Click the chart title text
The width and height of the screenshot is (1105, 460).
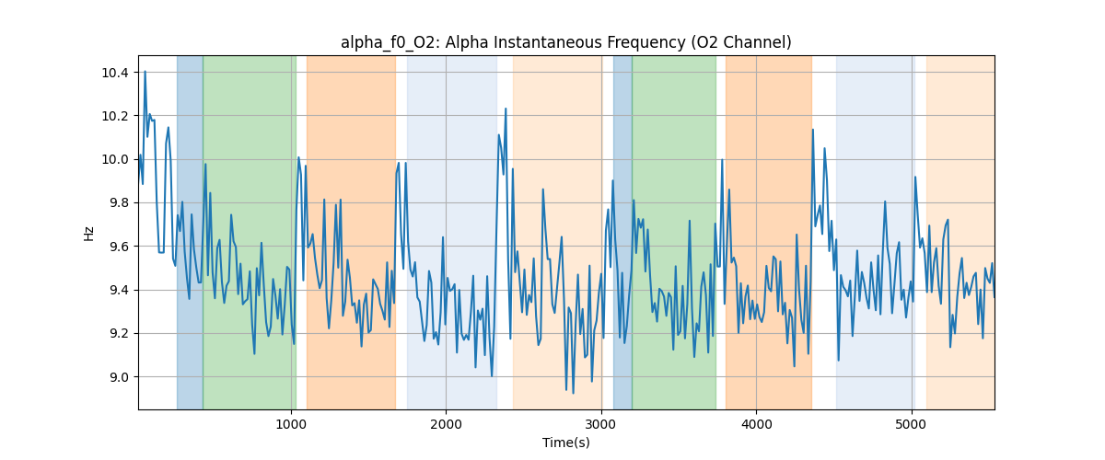tap(565, 42)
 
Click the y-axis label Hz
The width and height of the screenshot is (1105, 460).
tap(89, 233)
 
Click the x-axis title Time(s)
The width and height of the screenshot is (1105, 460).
tap(565, 443)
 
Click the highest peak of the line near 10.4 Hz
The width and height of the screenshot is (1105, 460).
tap(145, 72)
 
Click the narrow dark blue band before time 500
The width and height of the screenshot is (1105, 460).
tap(190, 230)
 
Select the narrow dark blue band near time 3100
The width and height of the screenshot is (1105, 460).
tap(622, 230)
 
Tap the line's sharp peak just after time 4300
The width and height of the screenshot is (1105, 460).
tap(813, 130)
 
